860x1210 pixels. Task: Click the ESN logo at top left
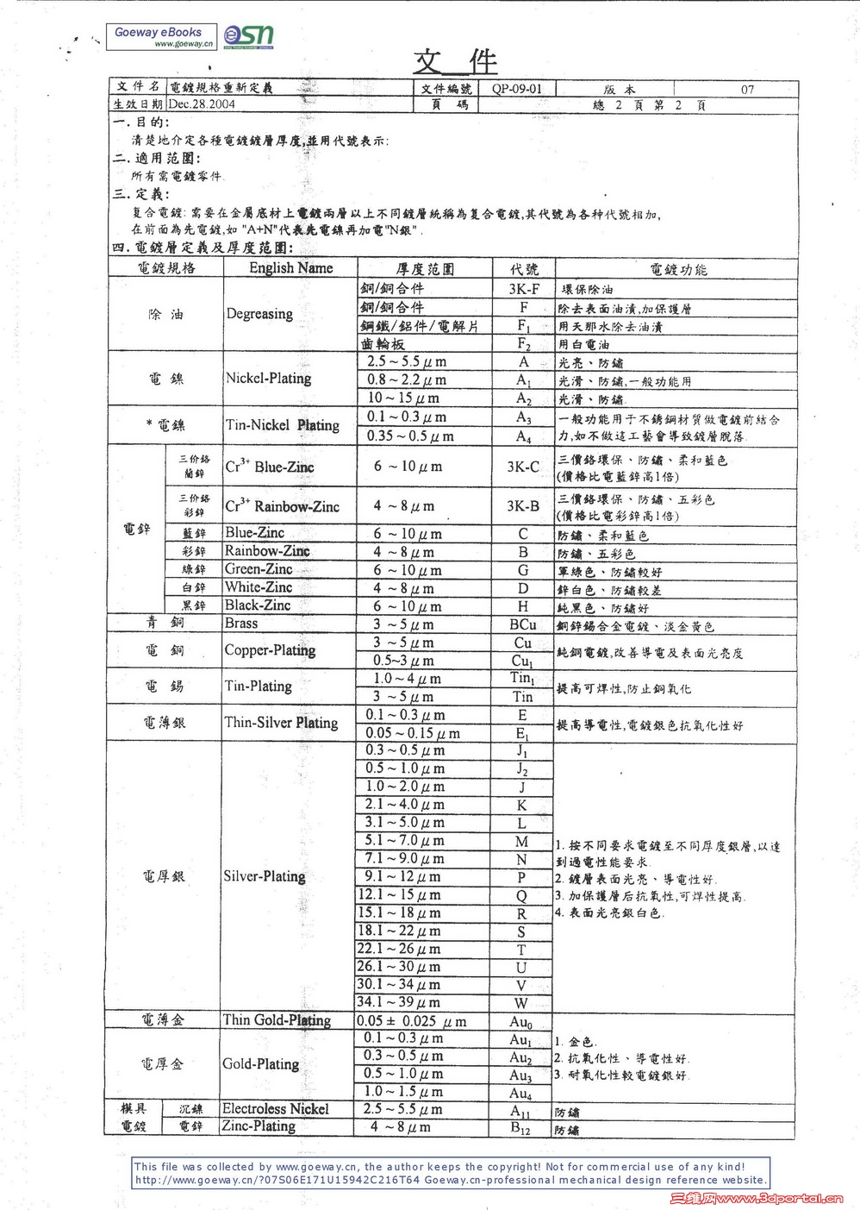[248, 34]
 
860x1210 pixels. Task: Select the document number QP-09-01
[517, 89]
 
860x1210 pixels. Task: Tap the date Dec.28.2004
[202, 104]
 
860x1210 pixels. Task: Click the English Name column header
[290, 268]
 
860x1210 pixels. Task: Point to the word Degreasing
[259, 314]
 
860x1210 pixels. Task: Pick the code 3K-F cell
[523, 290]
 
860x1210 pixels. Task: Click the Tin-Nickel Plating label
[282, 425]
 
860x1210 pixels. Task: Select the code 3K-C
[523, 467]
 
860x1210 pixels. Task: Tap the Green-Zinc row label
[259, 569]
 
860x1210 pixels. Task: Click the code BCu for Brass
[522, 624]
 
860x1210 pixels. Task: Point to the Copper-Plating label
[270, 650]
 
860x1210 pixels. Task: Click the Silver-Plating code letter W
[521, 1003]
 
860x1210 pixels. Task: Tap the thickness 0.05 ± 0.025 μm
[412, 1021]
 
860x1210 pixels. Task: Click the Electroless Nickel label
[275, 1109]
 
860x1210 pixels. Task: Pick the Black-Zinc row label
[258, 605]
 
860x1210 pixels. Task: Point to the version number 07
[747, 89]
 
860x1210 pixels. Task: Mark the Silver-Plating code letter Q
[521, 895]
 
